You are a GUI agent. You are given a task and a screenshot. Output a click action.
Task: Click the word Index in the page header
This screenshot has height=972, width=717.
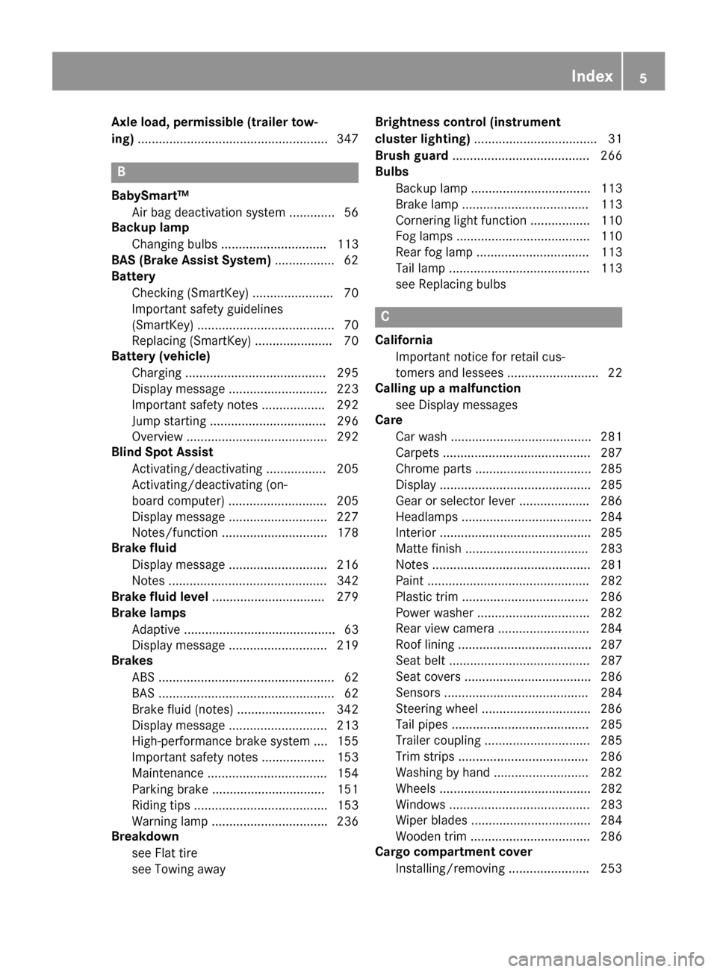pos(592,76)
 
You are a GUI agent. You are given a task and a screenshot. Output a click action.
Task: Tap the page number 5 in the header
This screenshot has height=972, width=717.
pos(643,78)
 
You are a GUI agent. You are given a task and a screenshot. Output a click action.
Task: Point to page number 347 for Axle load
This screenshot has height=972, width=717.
pos(347,139)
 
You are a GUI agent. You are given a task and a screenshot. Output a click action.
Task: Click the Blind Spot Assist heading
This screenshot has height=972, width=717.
pos(162,452)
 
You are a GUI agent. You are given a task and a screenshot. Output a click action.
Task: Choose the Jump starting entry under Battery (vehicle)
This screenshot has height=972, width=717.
pos(169,421)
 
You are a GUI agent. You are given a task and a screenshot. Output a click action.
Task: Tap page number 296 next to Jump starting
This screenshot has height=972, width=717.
pos(347,421)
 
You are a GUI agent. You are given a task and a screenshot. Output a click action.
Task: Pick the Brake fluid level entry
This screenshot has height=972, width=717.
pos(160,596)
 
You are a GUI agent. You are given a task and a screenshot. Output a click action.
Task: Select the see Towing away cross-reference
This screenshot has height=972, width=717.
pos(179,869)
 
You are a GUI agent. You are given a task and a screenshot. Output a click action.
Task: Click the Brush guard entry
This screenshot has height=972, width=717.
pos(412,155)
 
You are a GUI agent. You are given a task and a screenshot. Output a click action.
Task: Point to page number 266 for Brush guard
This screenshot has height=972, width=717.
pos(611,155)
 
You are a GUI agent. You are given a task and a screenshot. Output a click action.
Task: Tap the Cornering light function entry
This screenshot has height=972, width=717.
pos(461,220)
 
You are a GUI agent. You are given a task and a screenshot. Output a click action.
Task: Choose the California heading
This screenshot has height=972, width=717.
pos(403,340)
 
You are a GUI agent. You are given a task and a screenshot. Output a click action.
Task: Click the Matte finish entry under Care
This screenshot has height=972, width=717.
pos(429,549)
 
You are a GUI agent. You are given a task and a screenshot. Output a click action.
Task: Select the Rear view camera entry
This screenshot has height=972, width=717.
pos(445,629)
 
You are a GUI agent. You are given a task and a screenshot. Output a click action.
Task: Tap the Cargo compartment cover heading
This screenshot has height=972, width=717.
pos(453,852)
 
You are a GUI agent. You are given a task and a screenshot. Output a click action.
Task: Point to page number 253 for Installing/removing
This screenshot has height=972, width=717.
pos(611,868)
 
